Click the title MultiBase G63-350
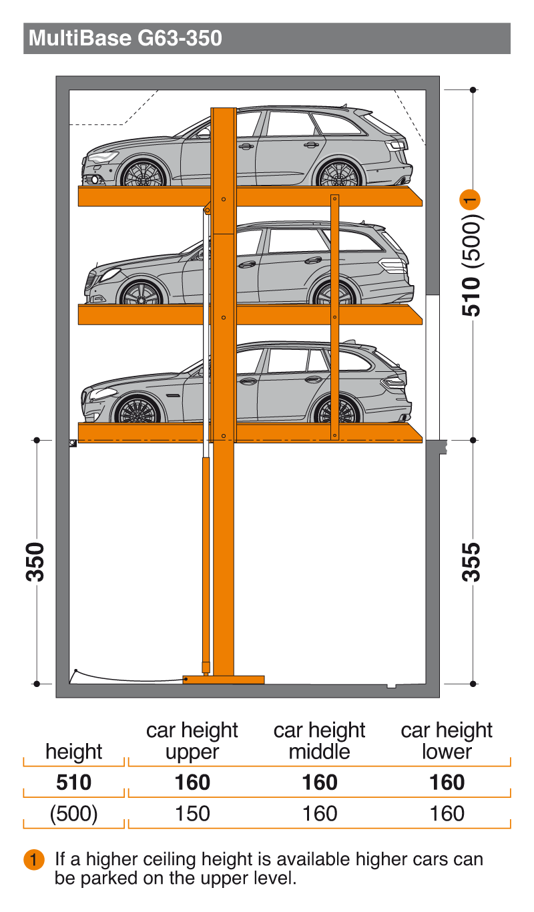click(125, 39)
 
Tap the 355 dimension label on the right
click(472, 562)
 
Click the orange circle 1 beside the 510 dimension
click(472, 199)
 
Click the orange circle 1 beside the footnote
click(34, 859)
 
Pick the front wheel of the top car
click(143, 174)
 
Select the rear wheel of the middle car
click(334, 294)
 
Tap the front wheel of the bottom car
click(138, 410)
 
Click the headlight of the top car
click(102, 158)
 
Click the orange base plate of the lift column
click(224, 680)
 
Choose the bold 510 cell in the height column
click(73, 782)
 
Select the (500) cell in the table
click(73, 814)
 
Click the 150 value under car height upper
click(192, 814)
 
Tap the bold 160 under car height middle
click(320, 782)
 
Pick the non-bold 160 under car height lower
click(447, 814)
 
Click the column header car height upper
click(192, 741)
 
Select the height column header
click(73, 752)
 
